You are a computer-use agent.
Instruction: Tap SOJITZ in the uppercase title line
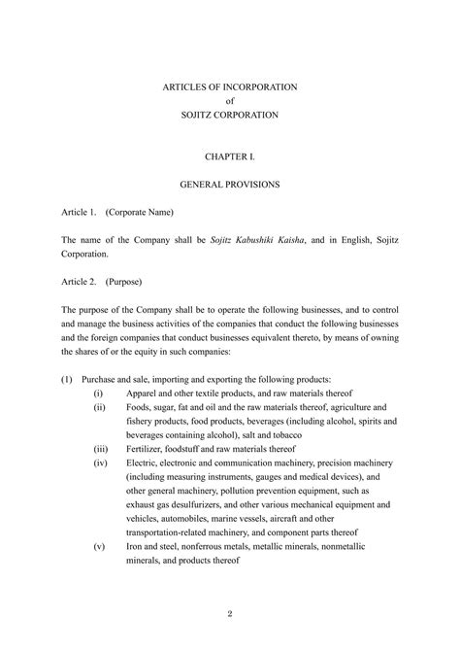pos(199,115)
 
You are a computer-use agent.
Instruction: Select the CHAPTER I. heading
pos(230,155)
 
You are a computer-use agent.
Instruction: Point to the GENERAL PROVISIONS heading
pos(230,183)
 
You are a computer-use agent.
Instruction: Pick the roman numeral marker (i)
pos(99,393)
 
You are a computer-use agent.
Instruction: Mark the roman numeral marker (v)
pos(99,547)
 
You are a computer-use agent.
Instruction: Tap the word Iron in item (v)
pos(136,547)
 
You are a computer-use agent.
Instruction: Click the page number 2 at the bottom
pos(229,612)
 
